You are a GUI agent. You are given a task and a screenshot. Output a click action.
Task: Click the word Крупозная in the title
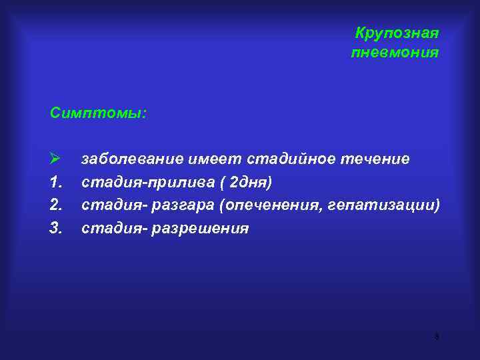397,33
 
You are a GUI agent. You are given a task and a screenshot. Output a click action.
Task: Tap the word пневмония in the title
395,52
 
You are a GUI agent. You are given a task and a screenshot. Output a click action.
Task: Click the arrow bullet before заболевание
55,159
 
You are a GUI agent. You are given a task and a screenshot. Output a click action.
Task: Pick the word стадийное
291,159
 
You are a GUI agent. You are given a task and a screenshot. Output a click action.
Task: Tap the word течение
375,159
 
